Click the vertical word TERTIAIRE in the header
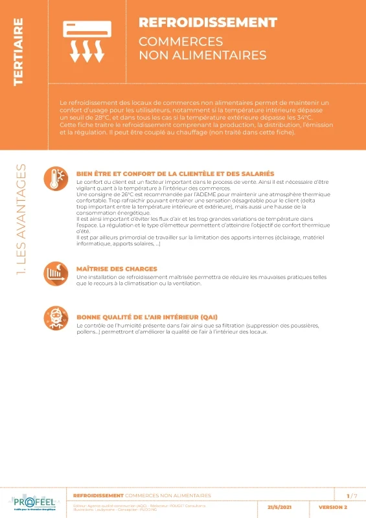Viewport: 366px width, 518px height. click(x=19, y=52)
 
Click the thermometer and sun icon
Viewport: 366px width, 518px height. click(x=56, y=179)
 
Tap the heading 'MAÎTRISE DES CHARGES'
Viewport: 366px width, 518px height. click(x=116, y=269)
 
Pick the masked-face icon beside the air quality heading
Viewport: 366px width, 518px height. click(x=56, y=319)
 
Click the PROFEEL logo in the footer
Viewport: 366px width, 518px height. click(x=33, y=503)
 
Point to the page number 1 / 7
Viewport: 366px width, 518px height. click(x=352, y=496)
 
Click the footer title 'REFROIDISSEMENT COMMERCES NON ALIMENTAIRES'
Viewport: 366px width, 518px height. click(x=142, y=495)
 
